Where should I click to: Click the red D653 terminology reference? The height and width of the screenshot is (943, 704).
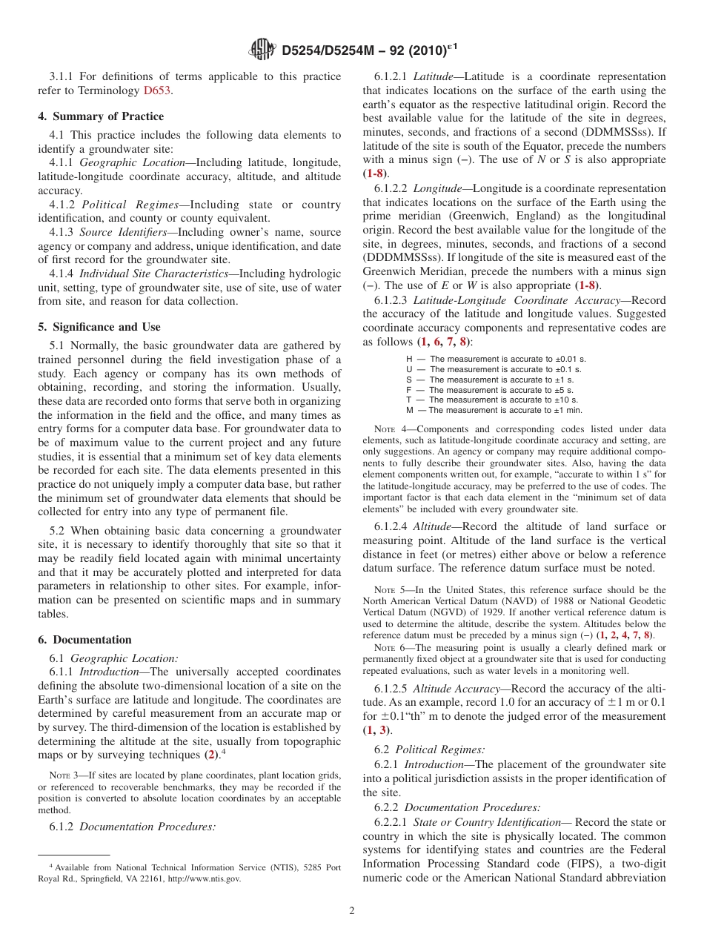tap(158, 90)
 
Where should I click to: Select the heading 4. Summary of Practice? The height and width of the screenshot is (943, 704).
tap(101, 116)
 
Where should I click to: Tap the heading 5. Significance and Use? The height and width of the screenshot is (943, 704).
tap(99, 327)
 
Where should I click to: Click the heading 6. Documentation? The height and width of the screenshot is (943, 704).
tap(84, 640)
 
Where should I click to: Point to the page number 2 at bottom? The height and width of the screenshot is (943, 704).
tap(352, 911)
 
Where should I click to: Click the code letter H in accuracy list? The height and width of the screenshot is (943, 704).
tap(409, 359)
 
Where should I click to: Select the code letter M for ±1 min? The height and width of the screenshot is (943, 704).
tap(410, 410)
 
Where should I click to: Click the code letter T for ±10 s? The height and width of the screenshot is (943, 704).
tap(409, 400)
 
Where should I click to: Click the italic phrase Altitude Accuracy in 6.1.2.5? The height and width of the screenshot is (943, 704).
tap(456, 689)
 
